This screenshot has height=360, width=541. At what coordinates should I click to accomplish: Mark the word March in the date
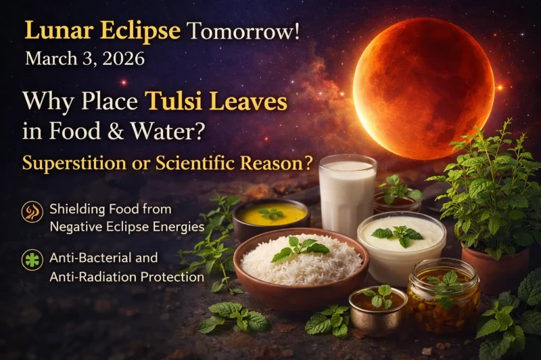[x=48, y=59]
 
